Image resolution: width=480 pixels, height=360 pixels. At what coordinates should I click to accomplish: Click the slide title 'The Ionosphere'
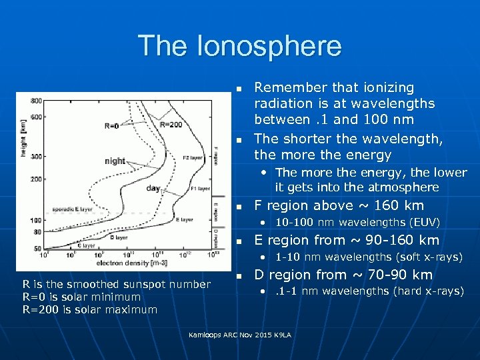point(239,46)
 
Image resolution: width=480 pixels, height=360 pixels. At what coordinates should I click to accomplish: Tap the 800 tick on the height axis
point(35,101)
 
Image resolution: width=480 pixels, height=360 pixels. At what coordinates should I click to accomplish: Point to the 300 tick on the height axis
point(35,156)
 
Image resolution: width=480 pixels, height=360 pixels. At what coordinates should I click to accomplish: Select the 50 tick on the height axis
point(37,248)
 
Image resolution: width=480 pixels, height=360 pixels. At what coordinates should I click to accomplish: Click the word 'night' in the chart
point(115,161)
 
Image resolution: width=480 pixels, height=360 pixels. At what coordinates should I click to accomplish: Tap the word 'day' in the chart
point(153,189)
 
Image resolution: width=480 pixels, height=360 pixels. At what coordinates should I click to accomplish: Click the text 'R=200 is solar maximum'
point(90,309)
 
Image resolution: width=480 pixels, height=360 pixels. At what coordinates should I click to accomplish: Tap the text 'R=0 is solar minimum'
point(81,297)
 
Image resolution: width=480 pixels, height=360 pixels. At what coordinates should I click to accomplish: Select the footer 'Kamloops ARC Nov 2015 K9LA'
point(240,334)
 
